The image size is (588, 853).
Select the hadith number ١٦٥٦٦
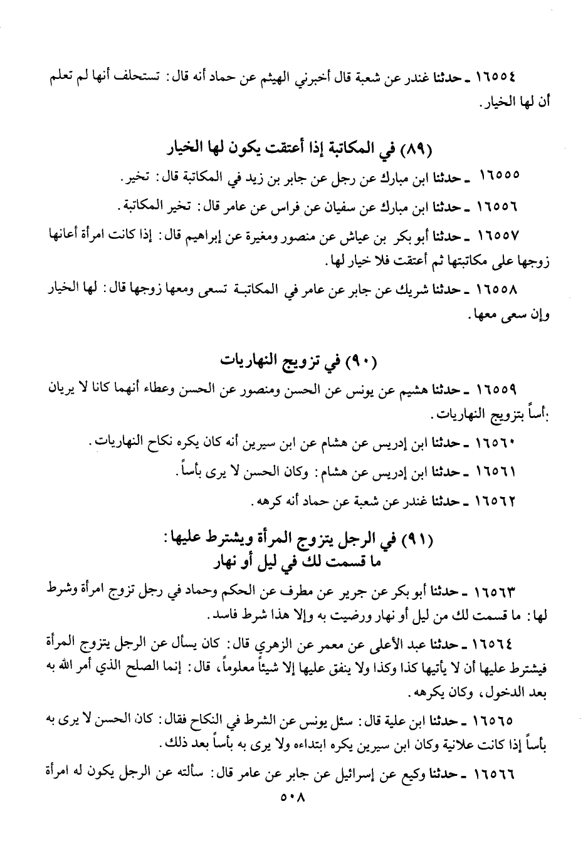tap(495, 774)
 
